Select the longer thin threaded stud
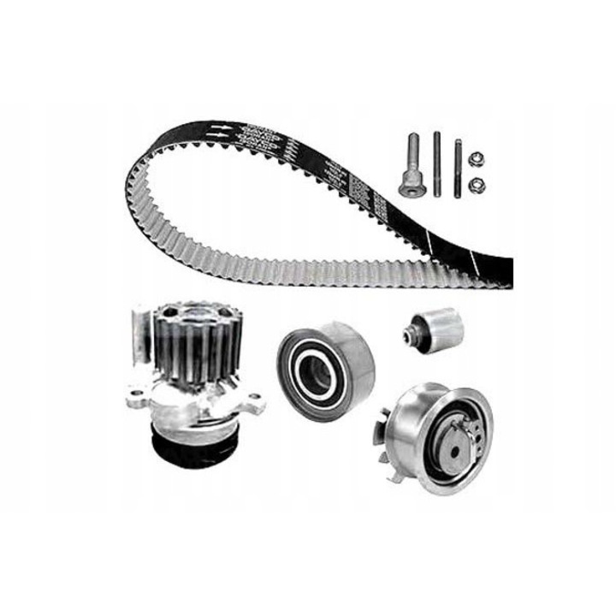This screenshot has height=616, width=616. pos(438,164)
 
